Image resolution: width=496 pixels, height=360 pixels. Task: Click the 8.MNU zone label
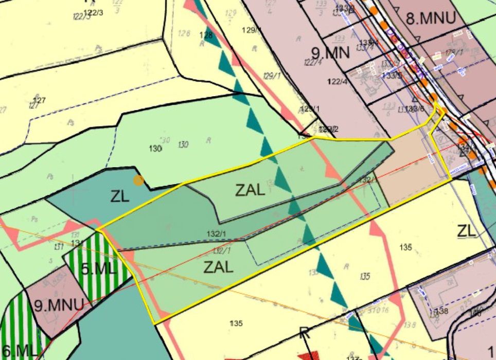point(431,19)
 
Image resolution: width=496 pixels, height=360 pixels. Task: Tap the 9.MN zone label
point(330,52)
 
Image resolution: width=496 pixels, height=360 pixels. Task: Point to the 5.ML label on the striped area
point(99,269)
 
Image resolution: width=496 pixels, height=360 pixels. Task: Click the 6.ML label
point(19,351)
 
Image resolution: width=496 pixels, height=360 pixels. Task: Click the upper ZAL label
point(250,190)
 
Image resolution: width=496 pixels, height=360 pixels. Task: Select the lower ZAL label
point(218,267)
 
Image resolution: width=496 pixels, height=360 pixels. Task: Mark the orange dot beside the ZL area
point(138,180)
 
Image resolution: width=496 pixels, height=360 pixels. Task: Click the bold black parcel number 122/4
point(337,82)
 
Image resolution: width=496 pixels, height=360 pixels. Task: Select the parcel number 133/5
point(392,75)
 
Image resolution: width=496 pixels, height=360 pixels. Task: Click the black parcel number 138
point(442,312)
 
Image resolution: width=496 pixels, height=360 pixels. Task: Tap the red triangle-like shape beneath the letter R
point(307,355)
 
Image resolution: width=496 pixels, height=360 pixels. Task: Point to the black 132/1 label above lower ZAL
point(216,234)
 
